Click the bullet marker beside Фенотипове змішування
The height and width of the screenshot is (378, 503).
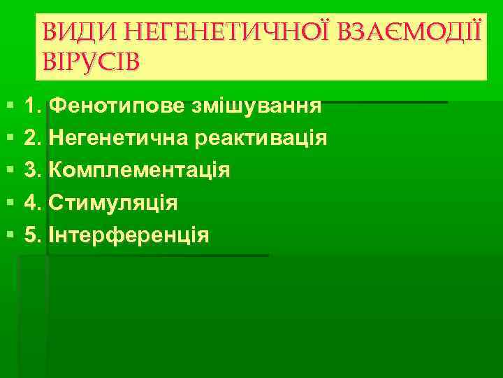pyautogui.click(x=7, y=107)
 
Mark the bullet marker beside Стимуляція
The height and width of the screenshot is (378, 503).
pyautogui.click(x=7, y=204)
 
